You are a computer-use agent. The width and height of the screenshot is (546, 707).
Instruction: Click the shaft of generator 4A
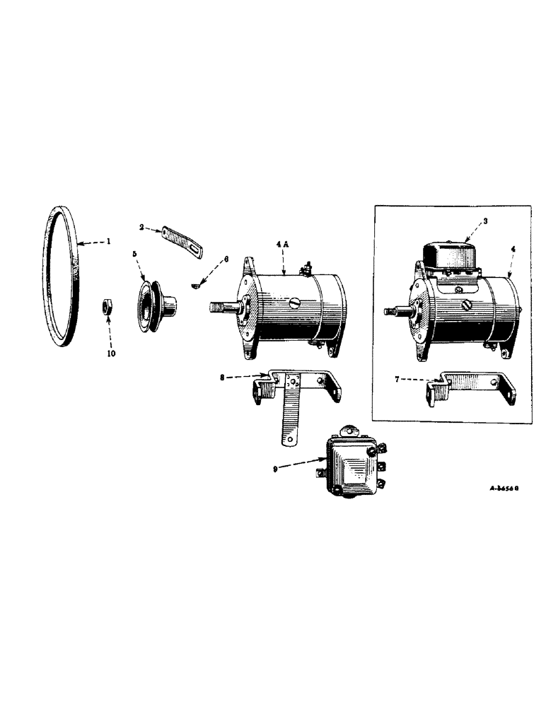point(223,308)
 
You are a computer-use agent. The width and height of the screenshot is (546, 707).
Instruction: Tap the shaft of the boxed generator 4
point(394,310)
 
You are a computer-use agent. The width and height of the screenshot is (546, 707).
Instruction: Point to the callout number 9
point(283,467)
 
